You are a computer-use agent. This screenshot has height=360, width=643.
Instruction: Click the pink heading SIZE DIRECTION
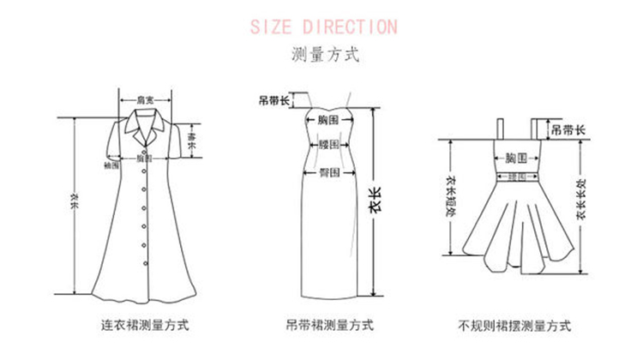(x=324, y=26)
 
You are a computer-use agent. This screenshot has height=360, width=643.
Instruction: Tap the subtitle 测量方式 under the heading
(x=324, y=56)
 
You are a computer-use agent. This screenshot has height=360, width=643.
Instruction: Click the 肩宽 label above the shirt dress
(x=147, y=100)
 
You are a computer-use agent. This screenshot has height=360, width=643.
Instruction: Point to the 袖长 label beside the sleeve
(x=193, y=139)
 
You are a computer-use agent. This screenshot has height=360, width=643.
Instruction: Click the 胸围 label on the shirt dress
(x=145, y=159)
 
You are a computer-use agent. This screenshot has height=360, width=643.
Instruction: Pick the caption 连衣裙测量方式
(x=145, y=326)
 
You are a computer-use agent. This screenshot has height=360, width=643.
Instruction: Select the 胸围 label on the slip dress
(x=329, y=119)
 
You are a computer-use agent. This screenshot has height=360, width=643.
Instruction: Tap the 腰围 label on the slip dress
(x=329, y=145)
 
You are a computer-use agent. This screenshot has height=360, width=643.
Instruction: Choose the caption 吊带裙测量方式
(x=328, y=326)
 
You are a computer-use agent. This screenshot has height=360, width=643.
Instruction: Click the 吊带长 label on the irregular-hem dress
(x=567, y=130)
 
